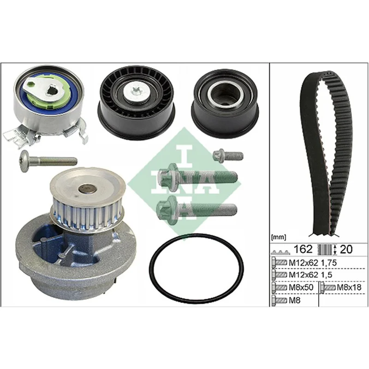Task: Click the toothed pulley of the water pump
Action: coord(88,213)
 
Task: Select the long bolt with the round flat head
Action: coord(48,161)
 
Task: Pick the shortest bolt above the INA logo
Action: coord(228,155)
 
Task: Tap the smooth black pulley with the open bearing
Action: coord(225,103)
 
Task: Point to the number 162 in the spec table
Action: coord(303,249)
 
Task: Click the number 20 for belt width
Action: coord(346,249)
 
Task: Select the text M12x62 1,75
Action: coord(313,262)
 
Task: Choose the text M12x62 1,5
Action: coord(310,274)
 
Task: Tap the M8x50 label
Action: coord(301,287)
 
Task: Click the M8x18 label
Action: coord(349,287)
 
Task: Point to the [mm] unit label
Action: coord(279,238)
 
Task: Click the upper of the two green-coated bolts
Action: coord(197,176)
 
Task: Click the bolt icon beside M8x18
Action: coord(328,287)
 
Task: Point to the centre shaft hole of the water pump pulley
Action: coord(87,188)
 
